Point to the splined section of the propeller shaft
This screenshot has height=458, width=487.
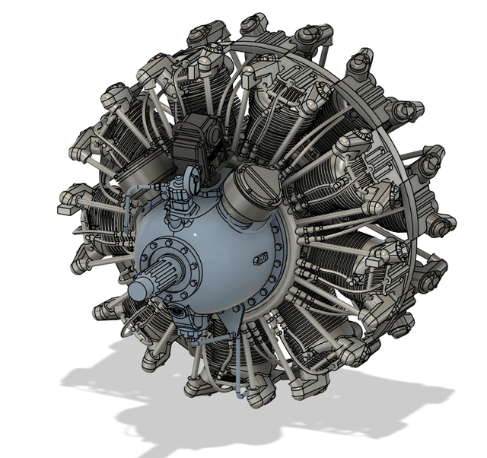click(x=168, y=273)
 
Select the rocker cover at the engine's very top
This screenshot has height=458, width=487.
click(x=256, y=27)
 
